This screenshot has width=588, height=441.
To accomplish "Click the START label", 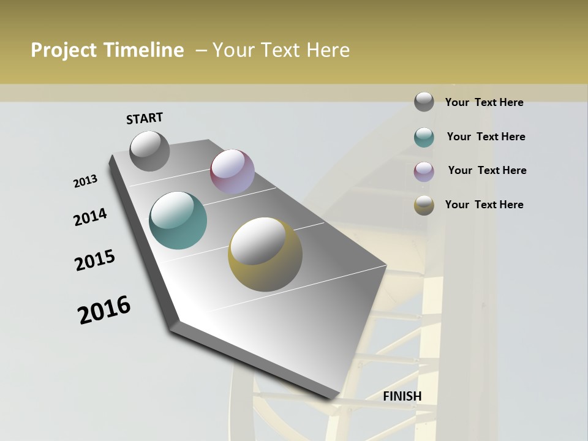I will tap(145, 118).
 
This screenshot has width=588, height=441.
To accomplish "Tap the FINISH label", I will tap(402, 396).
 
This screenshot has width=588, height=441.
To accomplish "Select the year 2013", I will tap(86, 181).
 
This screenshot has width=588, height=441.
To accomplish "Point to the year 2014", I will tap(91, 217).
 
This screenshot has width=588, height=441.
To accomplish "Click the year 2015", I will tap(95, 260).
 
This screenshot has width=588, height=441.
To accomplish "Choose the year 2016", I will tap(104, 310).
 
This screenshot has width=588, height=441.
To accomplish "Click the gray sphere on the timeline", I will tap(150, 151).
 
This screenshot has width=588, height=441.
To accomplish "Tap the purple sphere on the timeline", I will tap(232, 171).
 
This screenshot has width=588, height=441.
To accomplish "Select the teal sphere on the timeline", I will tap(178, 221).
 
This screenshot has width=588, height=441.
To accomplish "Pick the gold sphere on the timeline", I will tap(265, 254).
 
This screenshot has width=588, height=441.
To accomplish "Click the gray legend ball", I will tap(424, 102).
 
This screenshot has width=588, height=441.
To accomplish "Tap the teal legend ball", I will tap(424, 137).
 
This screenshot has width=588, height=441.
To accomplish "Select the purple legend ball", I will tap(424, 171).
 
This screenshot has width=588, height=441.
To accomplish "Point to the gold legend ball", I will tap(424, 205).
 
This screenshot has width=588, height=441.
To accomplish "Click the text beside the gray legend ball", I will tap(484, 102).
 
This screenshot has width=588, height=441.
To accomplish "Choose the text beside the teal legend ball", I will tap(486, 137).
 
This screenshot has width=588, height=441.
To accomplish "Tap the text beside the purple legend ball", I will tap(487, 170).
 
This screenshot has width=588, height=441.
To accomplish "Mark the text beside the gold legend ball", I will tap(484, 205).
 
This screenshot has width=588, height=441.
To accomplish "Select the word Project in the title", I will tap(63, 50).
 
